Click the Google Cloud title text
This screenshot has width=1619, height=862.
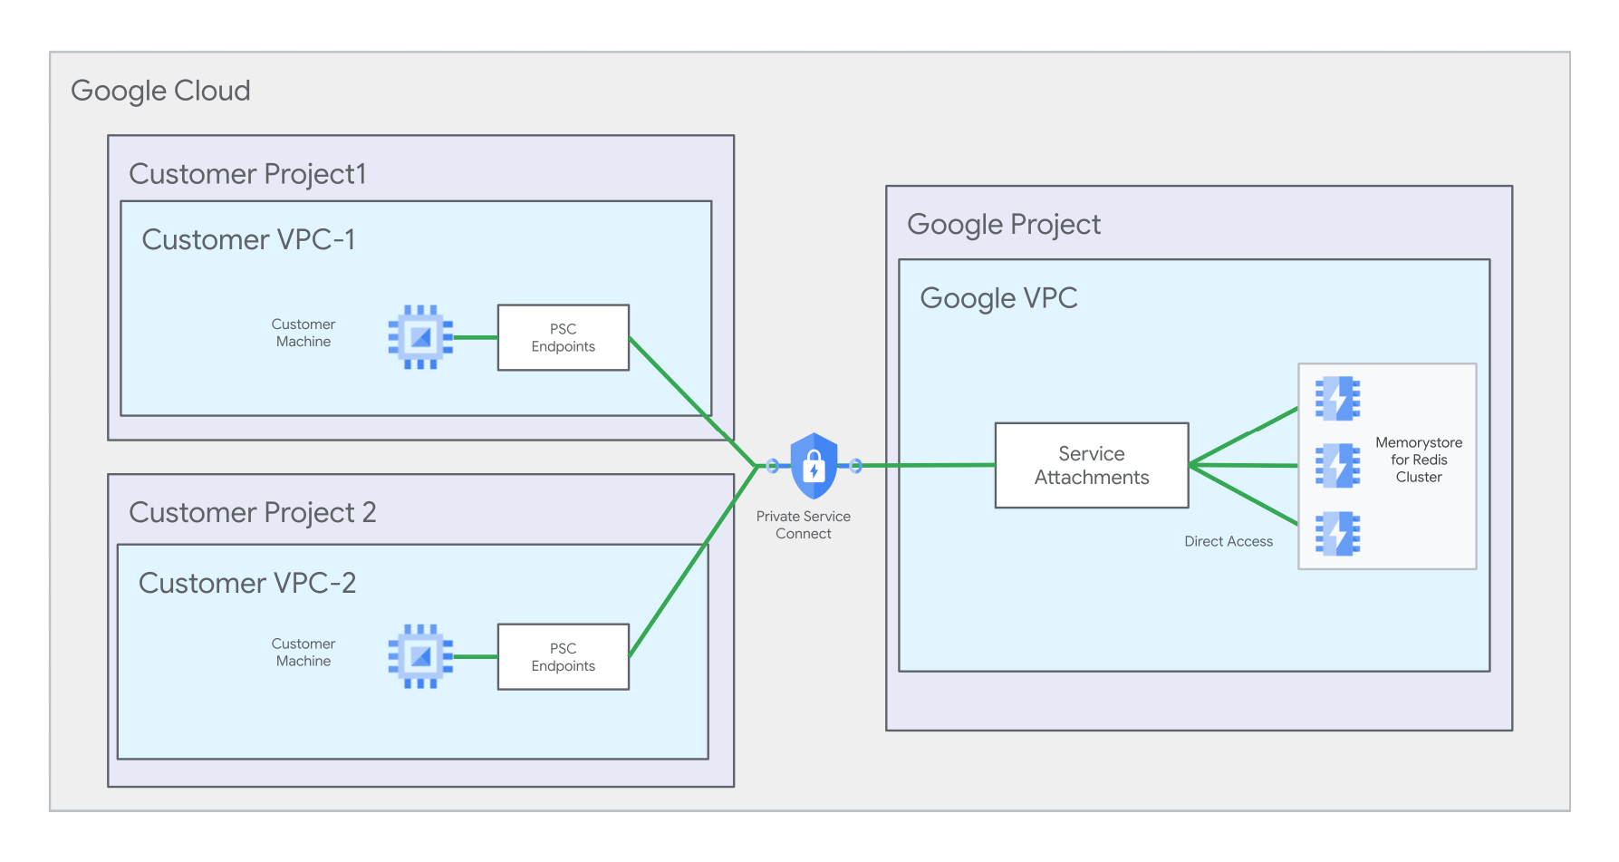pos(160,91)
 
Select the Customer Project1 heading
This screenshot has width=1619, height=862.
pos(247,173)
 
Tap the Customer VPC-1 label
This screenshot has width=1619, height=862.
pos(248,239)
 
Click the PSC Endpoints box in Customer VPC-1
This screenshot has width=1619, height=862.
pos(563,337)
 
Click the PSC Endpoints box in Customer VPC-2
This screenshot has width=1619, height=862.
pos(563,657)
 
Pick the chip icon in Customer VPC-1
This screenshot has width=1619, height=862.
pos(420,337)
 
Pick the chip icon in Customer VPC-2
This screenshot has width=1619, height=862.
pos(420,656)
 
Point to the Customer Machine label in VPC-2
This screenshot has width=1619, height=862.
pos(304,653)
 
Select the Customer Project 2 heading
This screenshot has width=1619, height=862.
pos(252,512)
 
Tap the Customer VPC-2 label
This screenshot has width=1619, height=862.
pos(246,583)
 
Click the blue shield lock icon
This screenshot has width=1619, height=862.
pos(814,466)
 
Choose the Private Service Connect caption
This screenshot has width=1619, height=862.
pos(804,525)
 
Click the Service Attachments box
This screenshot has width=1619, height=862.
pos(1091,465)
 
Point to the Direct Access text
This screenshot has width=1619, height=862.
pos(1228,541)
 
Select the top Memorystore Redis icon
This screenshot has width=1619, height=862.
pos(1337,398)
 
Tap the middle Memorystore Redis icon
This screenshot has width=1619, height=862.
pos(1337,466)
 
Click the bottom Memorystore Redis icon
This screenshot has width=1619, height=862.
pos(1337,533)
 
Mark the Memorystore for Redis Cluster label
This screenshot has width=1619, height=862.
pos(1418,460)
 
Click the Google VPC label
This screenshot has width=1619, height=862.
pos(998,298)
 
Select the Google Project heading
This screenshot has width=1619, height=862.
pos(1003,224)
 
